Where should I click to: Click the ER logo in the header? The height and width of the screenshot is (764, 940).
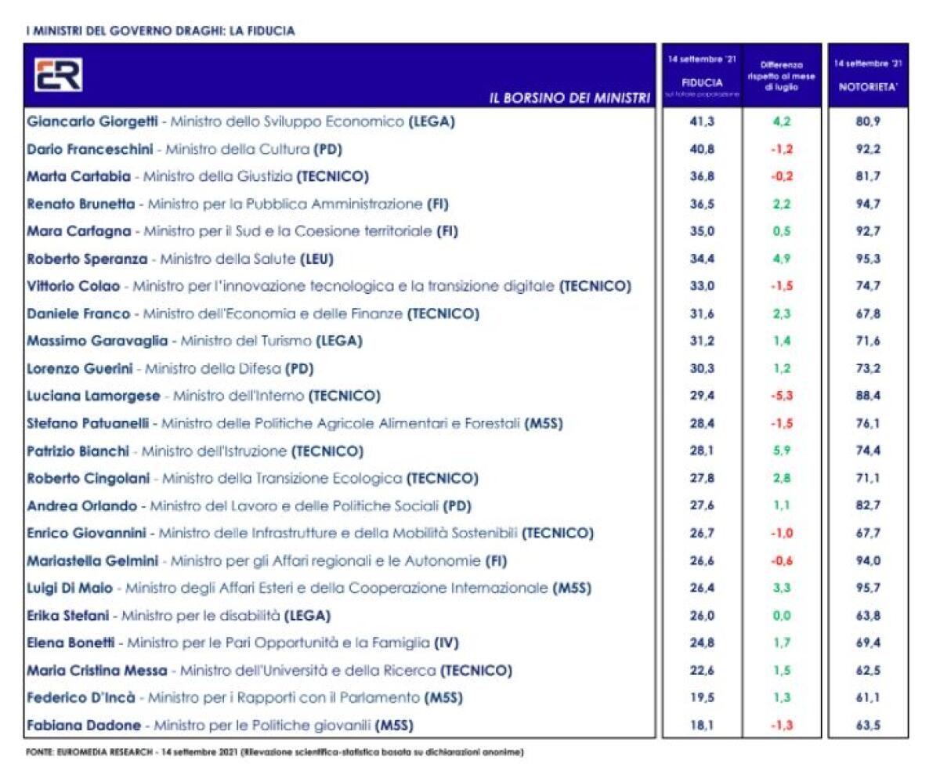(x=58, y=74)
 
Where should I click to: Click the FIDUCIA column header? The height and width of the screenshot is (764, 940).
(x=702, y=81)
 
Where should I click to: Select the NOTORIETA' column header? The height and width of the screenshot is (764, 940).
(x=868, y=87)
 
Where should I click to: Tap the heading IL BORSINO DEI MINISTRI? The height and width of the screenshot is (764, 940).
(x=569, y=98)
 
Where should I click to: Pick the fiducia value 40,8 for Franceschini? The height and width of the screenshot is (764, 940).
(x=702, y=149)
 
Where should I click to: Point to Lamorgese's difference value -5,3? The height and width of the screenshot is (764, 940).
(x=781, y=396)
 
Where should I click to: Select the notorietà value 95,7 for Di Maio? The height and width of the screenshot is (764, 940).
(x=868, y=588)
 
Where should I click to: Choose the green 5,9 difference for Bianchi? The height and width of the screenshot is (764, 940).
(x=781, y=451)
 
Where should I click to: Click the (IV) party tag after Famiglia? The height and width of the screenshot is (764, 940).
(x=446, y=643)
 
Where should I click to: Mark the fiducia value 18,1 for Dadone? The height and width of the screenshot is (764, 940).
(x=702, y=725)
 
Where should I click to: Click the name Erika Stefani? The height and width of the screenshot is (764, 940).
(x=67, y=615)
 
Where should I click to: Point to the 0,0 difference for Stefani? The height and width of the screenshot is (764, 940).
(x=781, y=615)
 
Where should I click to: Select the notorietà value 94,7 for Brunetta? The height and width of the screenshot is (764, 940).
(x=868, y=204)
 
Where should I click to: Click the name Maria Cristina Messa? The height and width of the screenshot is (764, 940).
(x=96, y=670)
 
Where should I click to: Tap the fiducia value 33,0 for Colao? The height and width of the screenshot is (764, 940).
(x=702, y=286)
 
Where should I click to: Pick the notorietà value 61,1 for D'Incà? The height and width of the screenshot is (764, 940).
(x=868, y=697)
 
